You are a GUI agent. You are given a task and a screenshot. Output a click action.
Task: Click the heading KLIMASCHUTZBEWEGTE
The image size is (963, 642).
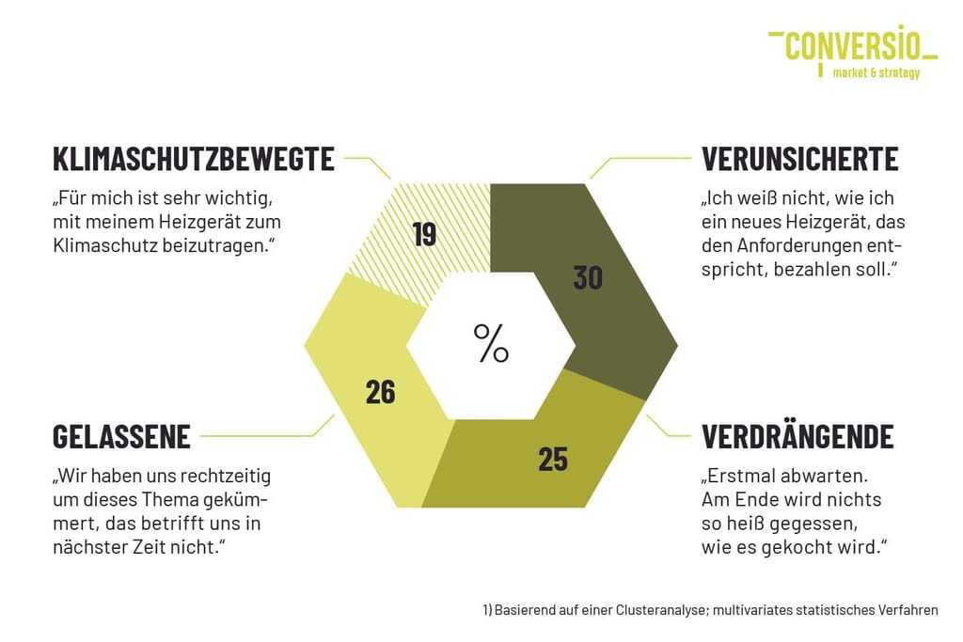194,159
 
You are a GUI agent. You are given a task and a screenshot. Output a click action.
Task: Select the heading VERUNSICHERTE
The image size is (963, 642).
800,159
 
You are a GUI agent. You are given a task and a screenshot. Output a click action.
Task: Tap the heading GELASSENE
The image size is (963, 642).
122,437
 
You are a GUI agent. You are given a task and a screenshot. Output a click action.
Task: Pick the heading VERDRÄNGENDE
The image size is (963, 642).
797,437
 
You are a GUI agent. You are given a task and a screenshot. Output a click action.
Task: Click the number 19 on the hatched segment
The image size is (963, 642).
424,233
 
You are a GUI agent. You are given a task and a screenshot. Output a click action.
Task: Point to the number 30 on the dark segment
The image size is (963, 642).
588,278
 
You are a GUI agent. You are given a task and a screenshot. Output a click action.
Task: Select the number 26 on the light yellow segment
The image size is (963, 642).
380,392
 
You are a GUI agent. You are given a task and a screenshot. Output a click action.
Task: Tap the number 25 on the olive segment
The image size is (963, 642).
553,459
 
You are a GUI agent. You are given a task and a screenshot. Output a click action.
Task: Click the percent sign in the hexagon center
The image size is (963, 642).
491,343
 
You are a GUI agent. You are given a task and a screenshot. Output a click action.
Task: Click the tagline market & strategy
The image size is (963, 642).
876,73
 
